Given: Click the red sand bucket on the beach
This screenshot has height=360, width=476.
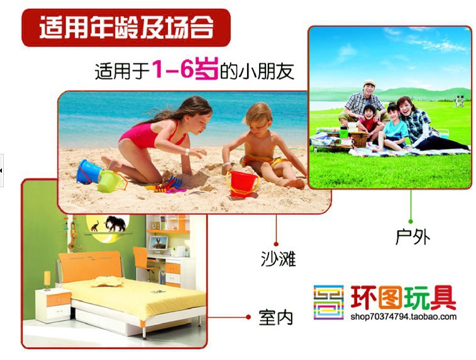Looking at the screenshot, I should (242, 183).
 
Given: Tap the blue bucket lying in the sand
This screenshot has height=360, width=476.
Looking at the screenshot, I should (88, 171).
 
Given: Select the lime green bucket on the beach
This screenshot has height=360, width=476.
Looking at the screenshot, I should (111, 181).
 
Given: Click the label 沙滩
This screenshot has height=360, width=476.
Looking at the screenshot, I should (278, 259).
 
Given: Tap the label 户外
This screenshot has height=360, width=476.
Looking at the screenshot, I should (412, 237).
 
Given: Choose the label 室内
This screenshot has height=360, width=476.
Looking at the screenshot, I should (275, 317).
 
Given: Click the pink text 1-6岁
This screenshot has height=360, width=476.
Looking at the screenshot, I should (185, 70).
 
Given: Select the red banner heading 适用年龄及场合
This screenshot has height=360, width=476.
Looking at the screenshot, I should (126, 28).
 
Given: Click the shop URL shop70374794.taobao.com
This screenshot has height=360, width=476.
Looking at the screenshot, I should (403, 317).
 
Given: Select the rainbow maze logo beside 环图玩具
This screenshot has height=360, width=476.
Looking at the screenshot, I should (329, 302).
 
